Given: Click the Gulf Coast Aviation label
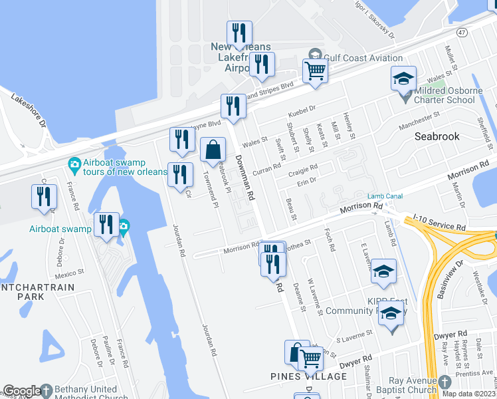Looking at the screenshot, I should point(363,58).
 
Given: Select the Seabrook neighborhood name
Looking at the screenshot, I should point(437,136).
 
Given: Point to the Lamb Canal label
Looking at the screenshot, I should point(385,196).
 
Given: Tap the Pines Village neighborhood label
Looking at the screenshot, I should point(308,376).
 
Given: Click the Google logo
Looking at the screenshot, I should point(21,391).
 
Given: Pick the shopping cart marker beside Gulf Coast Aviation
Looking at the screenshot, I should point(315,71).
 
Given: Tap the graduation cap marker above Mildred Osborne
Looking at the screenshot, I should point(403,78).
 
